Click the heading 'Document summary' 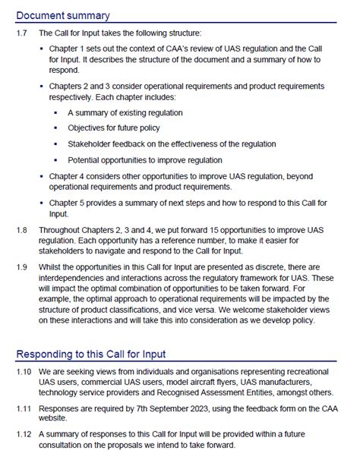point(63,15)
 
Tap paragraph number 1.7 point(22,33)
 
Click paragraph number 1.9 point(22,268)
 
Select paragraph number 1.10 point(24,372)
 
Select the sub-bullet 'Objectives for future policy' point(114,128)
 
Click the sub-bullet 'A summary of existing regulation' point(125,112)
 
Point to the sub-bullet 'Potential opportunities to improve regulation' point(145,159)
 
